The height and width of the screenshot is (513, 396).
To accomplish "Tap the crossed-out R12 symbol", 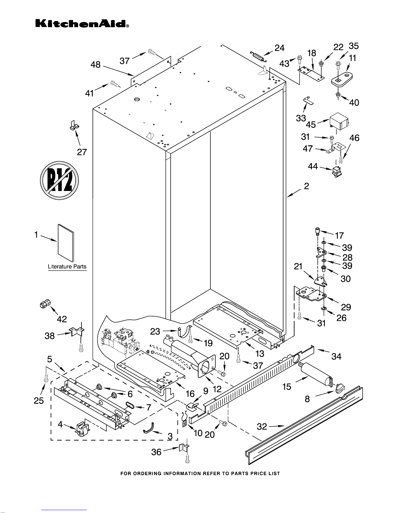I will click(60, 180).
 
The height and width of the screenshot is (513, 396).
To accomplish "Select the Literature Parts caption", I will click(67, 267).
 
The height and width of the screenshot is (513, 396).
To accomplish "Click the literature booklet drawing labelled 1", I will click(66, 242).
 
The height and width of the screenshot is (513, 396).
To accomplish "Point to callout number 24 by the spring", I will click(280, 48).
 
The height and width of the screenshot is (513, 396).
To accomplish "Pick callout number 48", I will click(95, 65).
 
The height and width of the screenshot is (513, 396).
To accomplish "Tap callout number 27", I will click(82, 152).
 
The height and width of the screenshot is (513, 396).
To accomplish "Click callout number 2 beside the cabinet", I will click(306, 186).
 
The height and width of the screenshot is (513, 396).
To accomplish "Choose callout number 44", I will click(313, 166).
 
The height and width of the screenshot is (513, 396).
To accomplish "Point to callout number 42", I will click(62, 319).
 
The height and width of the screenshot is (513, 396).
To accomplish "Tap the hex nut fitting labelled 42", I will click(44, 304).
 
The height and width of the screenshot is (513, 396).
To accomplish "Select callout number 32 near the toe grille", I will click(262, 427).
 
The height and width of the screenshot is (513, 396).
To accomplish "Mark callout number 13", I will click(260, 353).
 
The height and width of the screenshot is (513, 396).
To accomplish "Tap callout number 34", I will click(336, 356).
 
